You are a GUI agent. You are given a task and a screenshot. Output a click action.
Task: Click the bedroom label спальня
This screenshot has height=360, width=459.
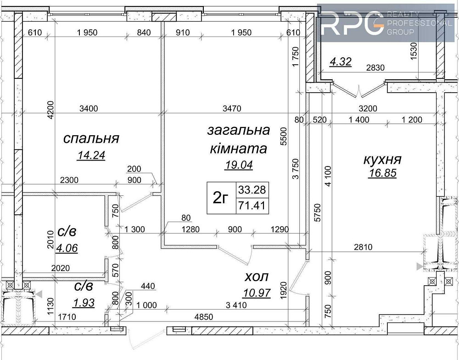91,138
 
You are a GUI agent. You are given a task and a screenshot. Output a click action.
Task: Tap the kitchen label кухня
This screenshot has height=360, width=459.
382,159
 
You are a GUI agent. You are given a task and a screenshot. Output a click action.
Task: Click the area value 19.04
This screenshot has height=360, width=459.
239,165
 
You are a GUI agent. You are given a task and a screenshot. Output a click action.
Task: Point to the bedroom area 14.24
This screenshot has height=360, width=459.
91,155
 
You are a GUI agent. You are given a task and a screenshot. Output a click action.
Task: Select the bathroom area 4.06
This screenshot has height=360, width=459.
67,249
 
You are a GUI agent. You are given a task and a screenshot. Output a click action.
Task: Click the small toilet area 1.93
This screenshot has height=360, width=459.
84,303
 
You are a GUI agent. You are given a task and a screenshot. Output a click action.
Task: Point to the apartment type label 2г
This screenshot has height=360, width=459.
221,198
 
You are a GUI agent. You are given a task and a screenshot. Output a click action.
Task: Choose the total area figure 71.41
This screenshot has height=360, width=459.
252,206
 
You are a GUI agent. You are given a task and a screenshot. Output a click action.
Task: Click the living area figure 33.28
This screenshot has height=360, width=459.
252,190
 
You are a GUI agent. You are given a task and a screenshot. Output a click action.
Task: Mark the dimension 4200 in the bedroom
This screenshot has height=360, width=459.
51,110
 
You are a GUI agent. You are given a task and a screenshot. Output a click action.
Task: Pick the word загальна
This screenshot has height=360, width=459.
238,130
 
